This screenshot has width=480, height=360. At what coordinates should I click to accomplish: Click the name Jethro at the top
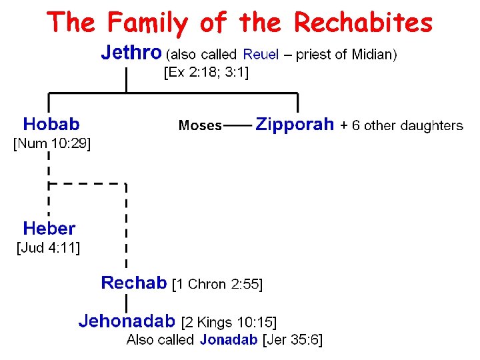[131, 52]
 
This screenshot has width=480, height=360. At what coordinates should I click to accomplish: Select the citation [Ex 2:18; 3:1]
[206, 73]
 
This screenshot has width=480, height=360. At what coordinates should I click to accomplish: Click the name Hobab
[51, 124]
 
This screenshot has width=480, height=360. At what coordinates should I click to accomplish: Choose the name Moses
[200, 125]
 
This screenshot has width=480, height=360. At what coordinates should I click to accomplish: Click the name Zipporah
[295, 125]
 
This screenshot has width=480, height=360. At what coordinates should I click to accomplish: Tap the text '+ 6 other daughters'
[401, 125]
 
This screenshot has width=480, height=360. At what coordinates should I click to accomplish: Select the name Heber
[49, 229]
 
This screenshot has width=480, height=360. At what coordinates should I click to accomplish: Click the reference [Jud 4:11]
[48, 248]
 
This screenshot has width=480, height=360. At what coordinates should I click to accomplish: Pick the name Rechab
[133, 283]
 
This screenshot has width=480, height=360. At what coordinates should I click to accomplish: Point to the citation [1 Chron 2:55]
[217, 285]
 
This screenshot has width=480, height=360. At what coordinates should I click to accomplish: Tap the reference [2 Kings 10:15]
[229, 322]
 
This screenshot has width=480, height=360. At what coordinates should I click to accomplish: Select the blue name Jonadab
[227, 340]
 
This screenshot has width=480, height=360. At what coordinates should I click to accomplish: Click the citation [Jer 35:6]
[293, 340]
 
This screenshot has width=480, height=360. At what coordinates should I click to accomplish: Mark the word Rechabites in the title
[363, 23]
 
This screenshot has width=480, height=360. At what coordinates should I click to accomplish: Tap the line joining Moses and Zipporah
[237, 125]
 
